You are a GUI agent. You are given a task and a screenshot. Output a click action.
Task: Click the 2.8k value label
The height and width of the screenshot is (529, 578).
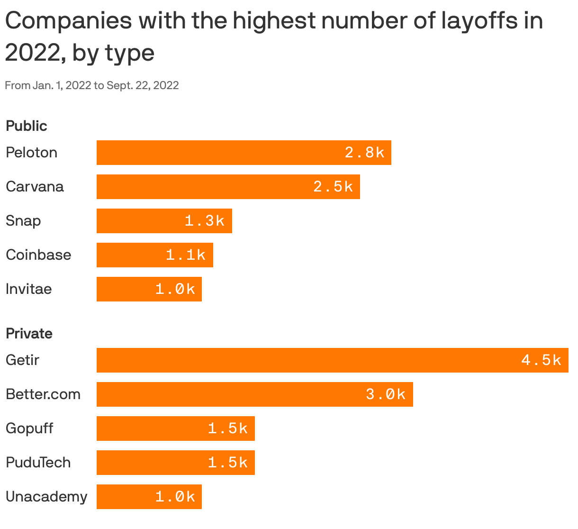tap(364, 153)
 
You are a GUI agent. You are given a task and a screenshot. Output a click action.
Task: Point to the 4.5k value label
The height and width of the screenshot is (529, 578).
tap(541, 360)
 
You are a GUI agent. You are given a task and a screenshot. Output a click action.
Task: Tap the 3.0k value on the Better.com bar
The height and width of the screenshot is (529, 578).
tap(386, 394)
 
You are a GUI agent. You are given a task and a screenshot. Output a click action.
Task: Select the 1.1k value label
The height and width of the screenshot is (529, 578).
tap(186, 255)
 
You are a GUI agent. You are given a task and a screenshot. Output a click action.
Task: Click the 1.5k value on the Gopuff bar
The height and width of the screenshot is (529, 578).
tap(228, 429)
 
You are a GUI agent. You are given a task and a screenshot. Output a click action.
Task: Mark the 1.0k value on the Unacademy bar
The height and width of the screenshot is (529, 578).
tap(175, 497)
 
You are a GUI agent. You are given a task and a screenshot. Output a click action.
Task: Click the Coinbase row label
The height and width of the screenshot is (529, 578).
tap(38, 255)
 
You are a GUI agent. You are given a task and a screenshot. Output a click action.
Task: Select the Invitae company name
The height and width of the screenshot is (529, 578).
tap(29, 289)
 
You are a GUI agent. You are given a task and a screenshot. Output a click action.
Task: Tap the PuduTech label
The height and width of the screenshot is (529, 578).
tap(38, 463)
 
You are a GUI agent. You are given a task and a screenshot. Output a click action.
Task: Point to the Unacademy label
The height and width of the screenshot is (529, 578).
tap(46, 497)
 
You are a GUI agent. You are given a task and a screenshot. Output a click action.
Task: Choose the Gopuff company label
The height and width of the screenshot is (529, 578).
tap(29, 429)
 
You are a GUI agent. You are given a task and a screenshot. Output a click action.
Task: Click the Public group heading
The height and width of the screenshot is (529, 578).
tap(27, 126)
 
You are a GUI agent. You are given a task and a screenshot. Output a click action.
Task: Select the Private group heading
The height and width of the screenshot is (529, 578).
tap(29, 334)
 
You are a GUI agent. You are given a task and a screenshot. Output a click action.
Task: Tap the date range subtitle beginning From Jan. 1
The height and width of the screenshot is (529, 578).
tap(92, 85)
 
